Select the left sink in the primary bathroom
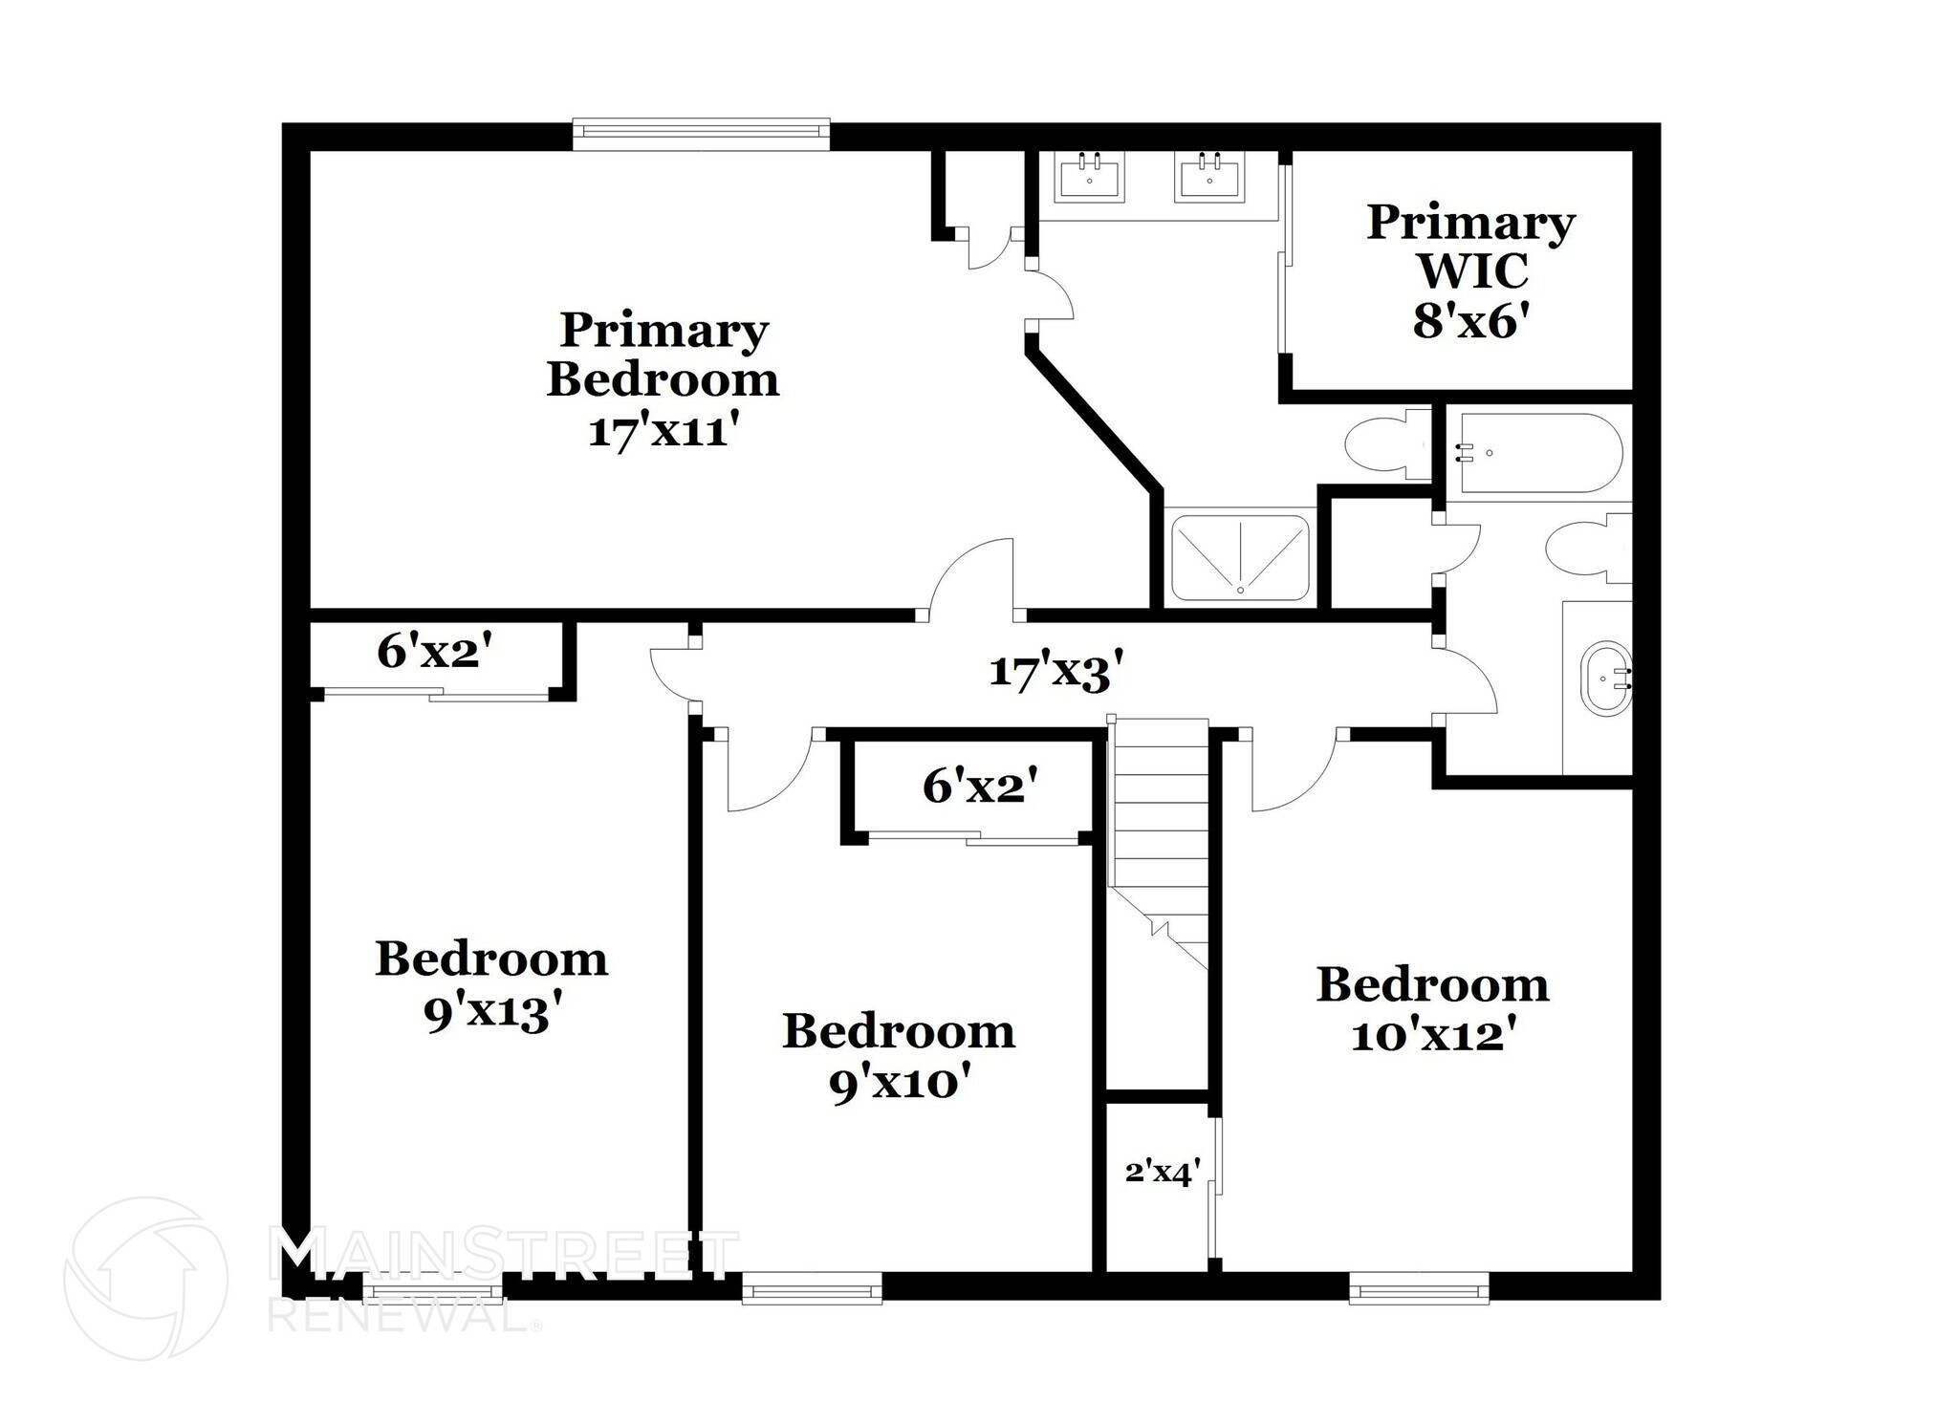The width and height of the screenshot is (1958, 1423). point(1089,178)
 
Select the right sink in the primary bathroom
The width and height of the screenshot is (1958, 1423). point(1209,178)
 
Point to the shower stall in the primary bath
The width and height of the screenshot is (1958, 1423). point(1240,558)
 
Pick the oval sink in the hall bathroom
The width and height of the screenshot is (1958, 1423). point(1606,678)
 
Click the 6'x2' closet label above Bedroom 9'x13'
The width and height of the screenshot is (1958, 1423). point(435,653)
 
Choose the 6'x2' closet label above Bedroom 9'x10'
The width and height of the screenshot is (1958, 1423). point(980,787)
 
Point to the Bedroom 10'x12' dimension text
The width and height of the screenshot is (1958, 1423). point(1430,1035)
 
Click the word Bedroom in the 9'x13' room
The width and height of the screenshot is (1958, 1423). point(491,959)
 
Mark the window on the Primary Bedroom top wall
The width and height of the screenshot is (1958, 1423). point(701,134)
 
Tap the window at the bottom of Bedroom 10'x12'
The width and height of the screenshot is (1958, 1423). point(1419,1293)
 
